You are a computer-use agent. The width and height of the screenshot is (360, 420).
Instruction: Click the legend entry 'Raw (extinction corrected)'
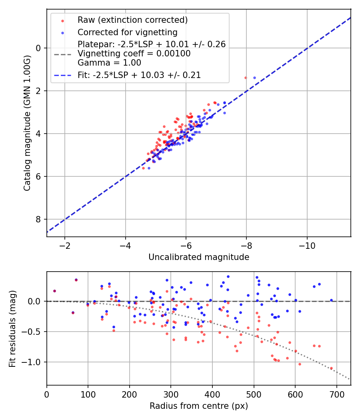132,20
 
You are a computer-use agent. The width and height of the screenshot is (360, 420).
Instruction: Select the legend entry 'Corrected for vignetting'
127,32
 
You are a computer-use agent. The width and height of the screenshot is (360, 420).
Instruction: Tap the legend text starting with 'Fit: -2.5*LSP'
139,75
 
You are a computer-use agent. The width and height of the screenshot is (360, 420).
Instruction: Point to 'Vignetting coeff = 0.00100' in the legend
134,54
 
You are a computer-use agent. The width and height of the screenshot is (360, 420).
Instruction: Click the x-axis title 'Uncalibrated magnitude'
199,257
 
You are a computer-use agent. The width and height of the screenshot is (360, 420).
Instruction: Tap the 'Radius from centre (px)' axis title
199,406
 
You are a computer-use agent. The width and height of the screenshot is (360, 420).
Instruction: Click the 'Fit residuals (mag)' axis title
12,328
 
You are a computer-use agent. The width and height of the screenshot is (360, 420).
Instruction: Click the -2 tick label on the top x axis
65,245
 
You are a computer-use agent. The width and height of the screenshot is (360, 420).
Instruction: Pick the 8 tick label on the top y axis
39,219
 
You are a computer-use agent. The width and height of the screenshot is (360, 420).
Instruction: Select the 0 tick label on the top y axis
39,48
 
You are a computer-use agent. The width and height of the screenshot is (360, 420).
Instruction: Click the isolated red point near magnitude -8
246,78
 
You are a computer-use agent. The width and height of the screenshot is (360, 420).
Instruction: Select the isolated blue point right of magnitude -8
254,78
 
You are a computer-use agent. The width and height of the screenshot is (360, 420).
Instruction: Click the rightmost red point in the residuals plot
331,368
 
